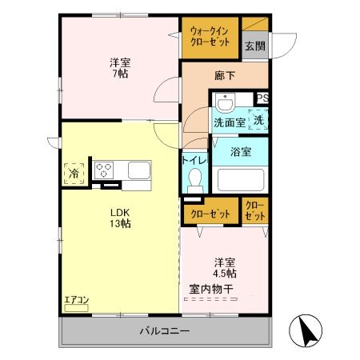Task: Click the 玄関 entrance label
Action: tap(254, 46)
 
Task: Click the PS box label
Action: tap(262, 98)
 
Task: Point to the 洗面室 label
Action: tap(229, 122)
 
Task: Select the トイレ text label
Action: tap(195, 160)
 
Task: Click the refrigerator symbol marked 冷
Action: tap(74, 171)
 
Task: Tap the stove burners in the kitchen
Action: tap(106, 170)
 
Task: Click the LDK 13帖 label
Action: tap(120, 218)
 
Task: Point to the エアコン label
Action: tap(77, 302)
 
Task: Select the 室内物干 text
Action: tap(210, 290)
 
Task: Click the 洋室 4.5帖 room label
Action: tap(224, 268)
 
